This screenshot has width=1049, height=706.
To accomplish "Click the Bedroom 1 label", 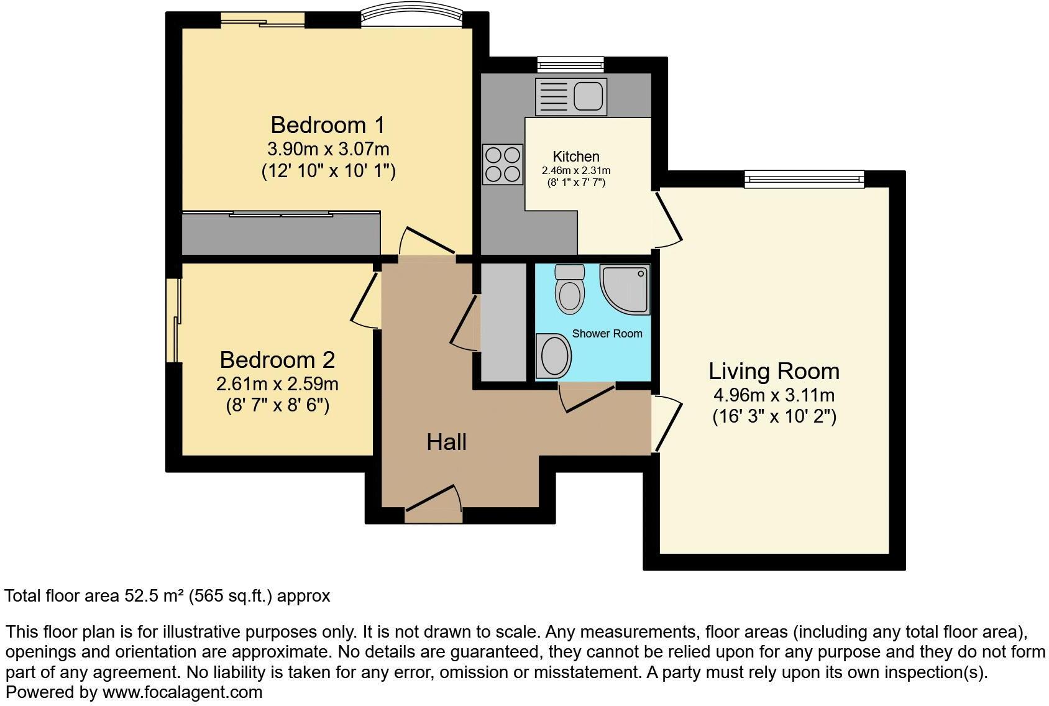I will coord(328,125).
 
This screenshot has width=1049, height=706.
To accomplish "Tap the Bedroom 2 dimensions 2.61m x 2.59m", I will coord(277,383).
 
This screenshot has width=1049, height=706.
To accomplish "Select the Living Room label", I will coord(774,371).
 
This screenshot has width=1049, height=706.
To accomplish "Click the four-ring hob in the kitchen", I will coord(503,164).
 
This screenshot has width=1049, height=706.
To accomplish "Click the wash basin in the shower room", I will coord(554,356).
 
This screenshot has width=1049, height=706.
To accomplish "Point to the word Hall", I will coord(446,442).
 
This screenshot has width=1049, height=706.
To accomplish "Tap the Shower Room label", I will coord(607,334).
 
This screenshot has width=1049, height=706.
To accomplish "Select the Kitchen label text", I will coord(576,157).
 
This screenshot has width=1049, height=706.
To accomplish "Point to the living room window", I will coord(805,180).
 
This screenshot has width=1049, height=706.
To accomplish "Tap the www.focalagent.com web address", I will coord(182,692).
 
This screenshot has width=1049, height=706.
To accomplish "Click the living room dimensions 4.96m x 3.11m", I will coord(774,395).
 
